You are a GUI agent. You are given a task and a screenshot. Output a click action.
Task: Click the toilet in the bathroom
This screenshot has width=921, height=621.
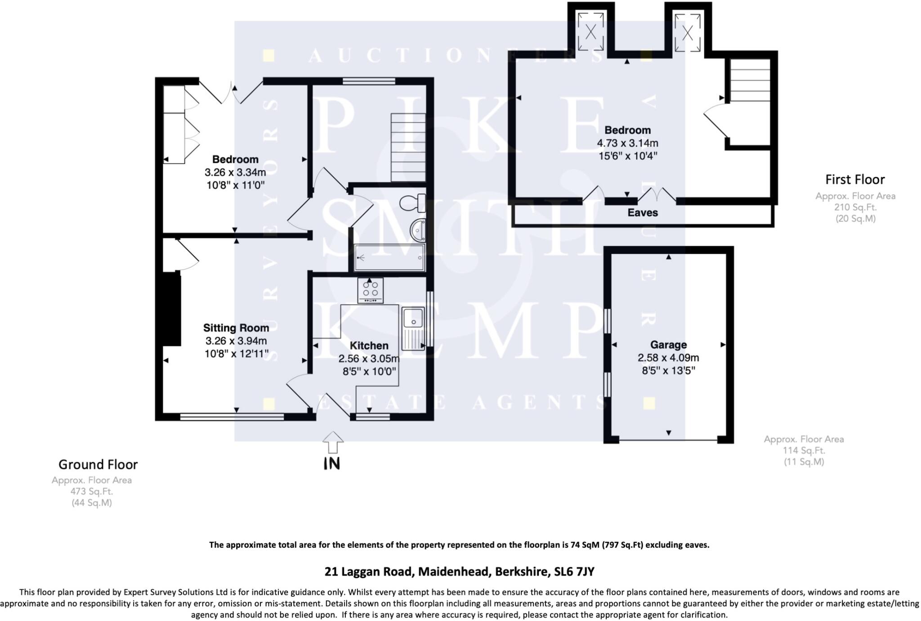(x=413, y=203)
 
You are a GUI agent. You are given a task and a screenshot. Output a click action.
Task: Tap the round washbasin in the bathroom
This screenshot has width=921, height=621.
(x=418, y=231)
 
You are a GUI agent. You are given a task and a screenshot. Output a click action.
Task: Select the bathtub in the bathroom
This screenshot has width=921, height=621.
(x=389, y=258)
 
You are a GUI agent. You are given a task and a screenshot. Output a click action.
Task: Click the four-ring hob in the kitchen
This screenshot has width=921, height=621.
(x=371, y=290)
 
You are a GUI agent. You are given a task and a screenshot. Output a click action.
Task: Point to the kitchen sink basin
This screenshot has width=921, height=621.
(x=412, y=318)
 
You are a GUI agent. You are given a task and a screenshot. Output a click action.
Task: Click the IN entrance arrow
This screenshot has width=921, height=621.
(x=332, y=443)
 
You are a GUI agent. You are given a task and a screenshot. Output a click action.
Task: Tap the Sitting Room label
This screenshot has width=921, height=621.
(x=236, y=328)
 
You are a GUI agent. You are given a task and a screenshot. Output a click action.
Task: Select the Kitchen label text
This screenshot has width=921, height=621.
(x=369, y=346)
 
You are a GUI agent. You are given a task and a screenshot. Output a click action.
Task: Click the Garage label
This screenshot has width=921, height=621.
(x=668, y=345)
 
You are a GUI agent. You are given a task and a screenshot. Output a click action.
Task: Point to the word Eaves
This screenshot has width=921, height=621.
(x=642, y=212)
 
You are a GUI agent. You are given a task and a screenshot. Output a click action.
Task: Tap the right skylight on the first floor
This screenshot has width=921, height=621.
(x=687, y=32)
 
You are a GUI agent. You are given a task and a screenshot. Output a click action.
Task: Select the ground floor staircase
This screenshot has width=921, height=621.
(x=408, y=147)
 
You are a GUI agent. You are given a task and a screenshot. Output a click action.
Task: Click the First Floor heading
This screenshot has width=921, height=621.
(x=854, y=180)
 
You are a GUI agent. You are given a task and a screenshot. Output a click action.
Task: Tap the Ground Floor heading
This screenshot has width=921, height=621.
(x=98, y=464)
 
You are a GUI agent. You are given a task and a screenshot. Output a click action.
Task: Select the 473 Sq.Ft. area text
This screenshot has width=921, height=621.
(x=92, y=491)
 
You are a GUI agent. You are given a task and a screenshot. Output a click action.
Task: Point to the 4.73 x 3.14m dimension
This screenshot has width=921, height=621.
(x=627, y=143)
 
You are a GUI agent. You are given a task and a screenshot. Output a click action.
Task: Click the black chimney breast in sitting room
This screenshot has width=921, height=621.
(x=172, y=309)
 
